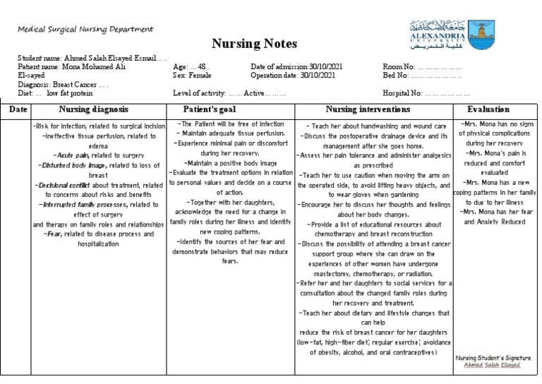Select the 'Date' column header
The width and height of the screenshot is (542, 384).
[x=18, y=110]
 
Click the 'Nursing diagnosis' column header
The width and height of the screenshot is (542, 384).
[x=93, y=110]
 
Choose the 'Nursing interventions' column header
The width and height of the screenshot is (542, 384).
[x=367, y=110]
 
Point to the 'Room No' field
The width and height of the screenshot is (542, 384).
[x=422, y=66]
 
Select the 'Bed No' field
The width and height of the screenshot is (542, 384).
[x=421, y=74]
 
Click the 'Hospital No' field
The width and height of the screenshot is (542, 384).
[x=426, y=92]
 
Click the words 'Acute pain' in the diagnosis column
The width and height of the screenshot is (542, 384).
[x=69, y=153]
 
